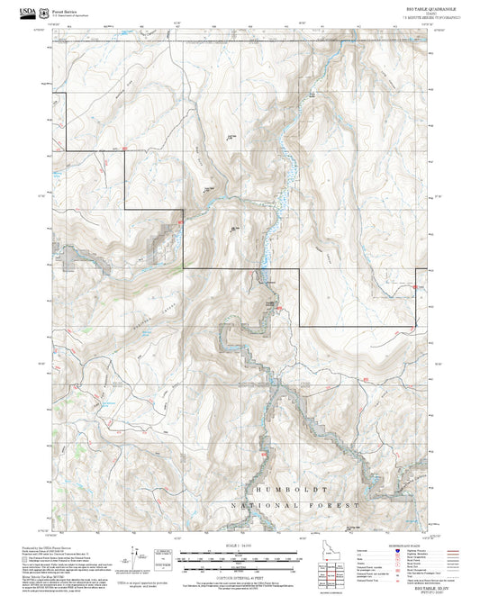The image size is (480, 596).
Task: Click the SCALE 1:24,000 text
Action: pos(240,546)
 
